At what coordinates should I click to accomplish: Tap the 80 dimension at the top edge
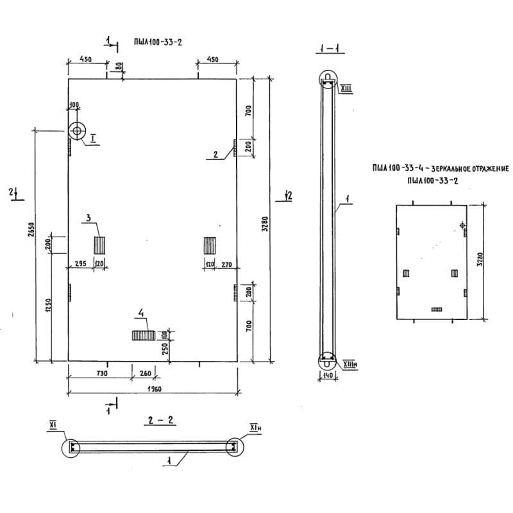[117, 66]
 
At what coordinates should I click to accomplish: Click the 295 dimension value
[81, 264]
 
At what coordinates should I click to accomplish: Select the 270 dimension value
[225, 264]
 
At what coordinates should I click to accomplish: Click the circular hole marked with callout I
[78, 131]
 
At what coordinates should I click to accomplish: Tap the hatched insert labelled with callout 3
[99, 244]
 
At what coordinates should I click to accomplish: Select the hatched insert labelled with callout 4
[143, 335]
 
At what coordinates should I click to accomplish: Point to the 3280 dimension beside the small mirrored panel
[480, 260]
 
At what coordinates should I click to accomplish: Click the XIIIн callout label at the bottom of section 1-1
[351, 364]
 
